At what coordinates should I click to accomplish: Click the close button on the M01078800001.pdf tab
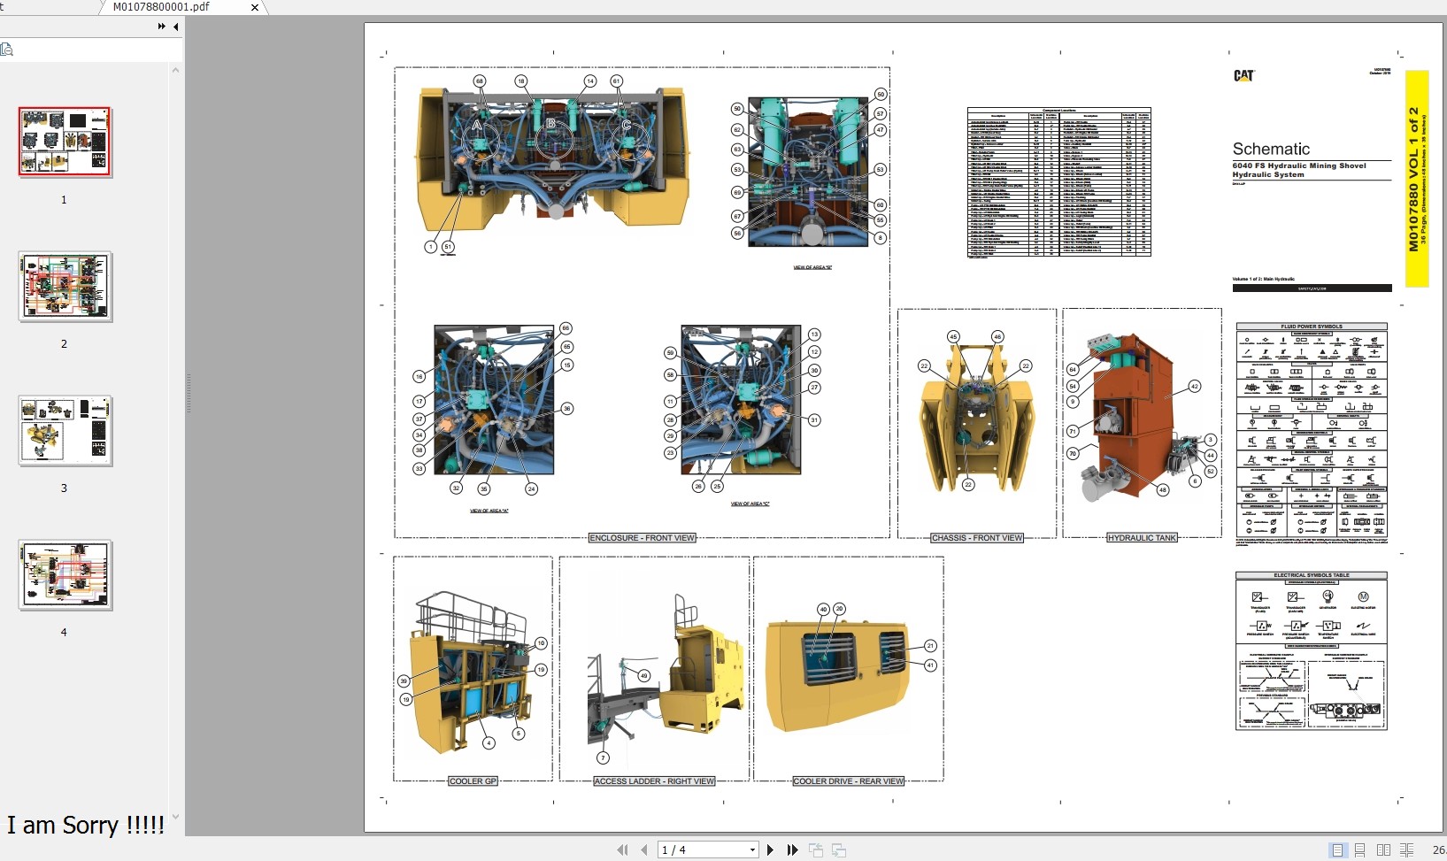255,7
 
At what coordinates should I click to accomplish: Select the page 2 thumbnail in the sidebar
65,286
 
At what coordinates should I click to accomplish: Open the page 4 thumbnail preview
65,574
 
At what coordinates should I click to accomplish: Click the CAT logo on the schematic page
1243,76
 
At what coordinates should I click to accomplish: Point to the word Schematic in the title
1271,150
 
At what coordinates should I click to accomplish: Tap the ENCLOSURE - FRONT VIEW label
643,538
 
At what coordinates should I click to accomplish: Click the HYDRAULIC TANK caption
1142,538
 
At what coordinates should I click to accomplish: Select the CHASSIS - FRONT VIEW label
976,538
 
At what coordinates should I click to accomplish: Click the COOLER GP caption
473,781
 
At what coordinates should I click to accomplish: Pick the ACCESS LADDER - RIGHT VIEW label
654,781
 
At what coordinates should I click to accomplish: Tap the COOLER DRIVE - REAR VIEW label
848,781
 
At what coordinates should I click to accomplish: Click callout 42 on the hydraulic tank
1194,387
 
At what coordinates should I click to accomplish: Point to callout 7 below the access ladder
603,757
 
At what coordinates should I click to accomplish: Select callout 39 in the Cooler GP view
404,680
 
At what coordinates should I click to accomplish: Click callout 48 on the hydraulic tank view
1162,489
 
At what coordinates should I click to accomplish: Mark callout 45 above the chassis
953,337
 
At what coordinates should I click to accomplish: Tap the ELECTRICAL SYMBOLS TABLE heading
1311,575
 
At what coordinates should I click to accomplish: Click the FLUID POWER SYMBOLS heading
1311,327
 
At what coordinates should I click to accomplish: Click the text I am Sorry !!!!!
86,826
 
